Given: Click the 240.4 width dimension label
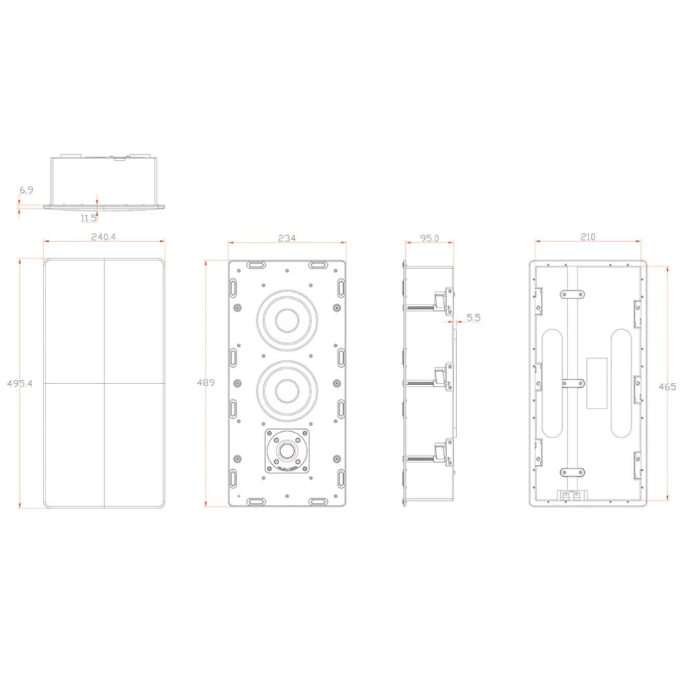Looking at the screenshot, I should [105, 236].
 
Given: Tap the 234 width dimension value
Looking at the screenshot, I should [287, 238].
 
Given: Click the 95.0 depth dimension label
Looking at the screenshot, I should [429, 238].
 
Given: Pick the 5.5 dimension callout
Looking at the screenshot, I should [473, 318].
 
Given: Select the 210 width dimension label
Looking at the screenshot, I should [588, 237].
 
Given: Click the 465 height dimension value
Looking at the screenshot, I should [666, 387].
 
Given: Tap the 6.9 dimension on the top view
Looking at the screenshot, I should [26, 189].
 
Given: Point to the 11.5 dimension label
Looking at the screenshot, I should [88, 218].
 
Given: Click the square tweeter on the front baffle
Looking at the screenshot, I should [287, 451].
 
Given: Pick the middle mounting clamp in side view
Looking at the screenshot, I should [440, 378].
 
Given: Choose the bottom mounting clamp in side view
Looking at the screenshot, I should [440, 453].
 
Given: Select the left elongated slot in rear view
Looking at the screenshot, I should [553, 382].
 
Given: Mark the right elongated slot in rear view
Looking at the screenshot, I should [621, 382].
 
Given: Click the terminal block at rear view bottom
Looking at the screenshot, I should [570, 495].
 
